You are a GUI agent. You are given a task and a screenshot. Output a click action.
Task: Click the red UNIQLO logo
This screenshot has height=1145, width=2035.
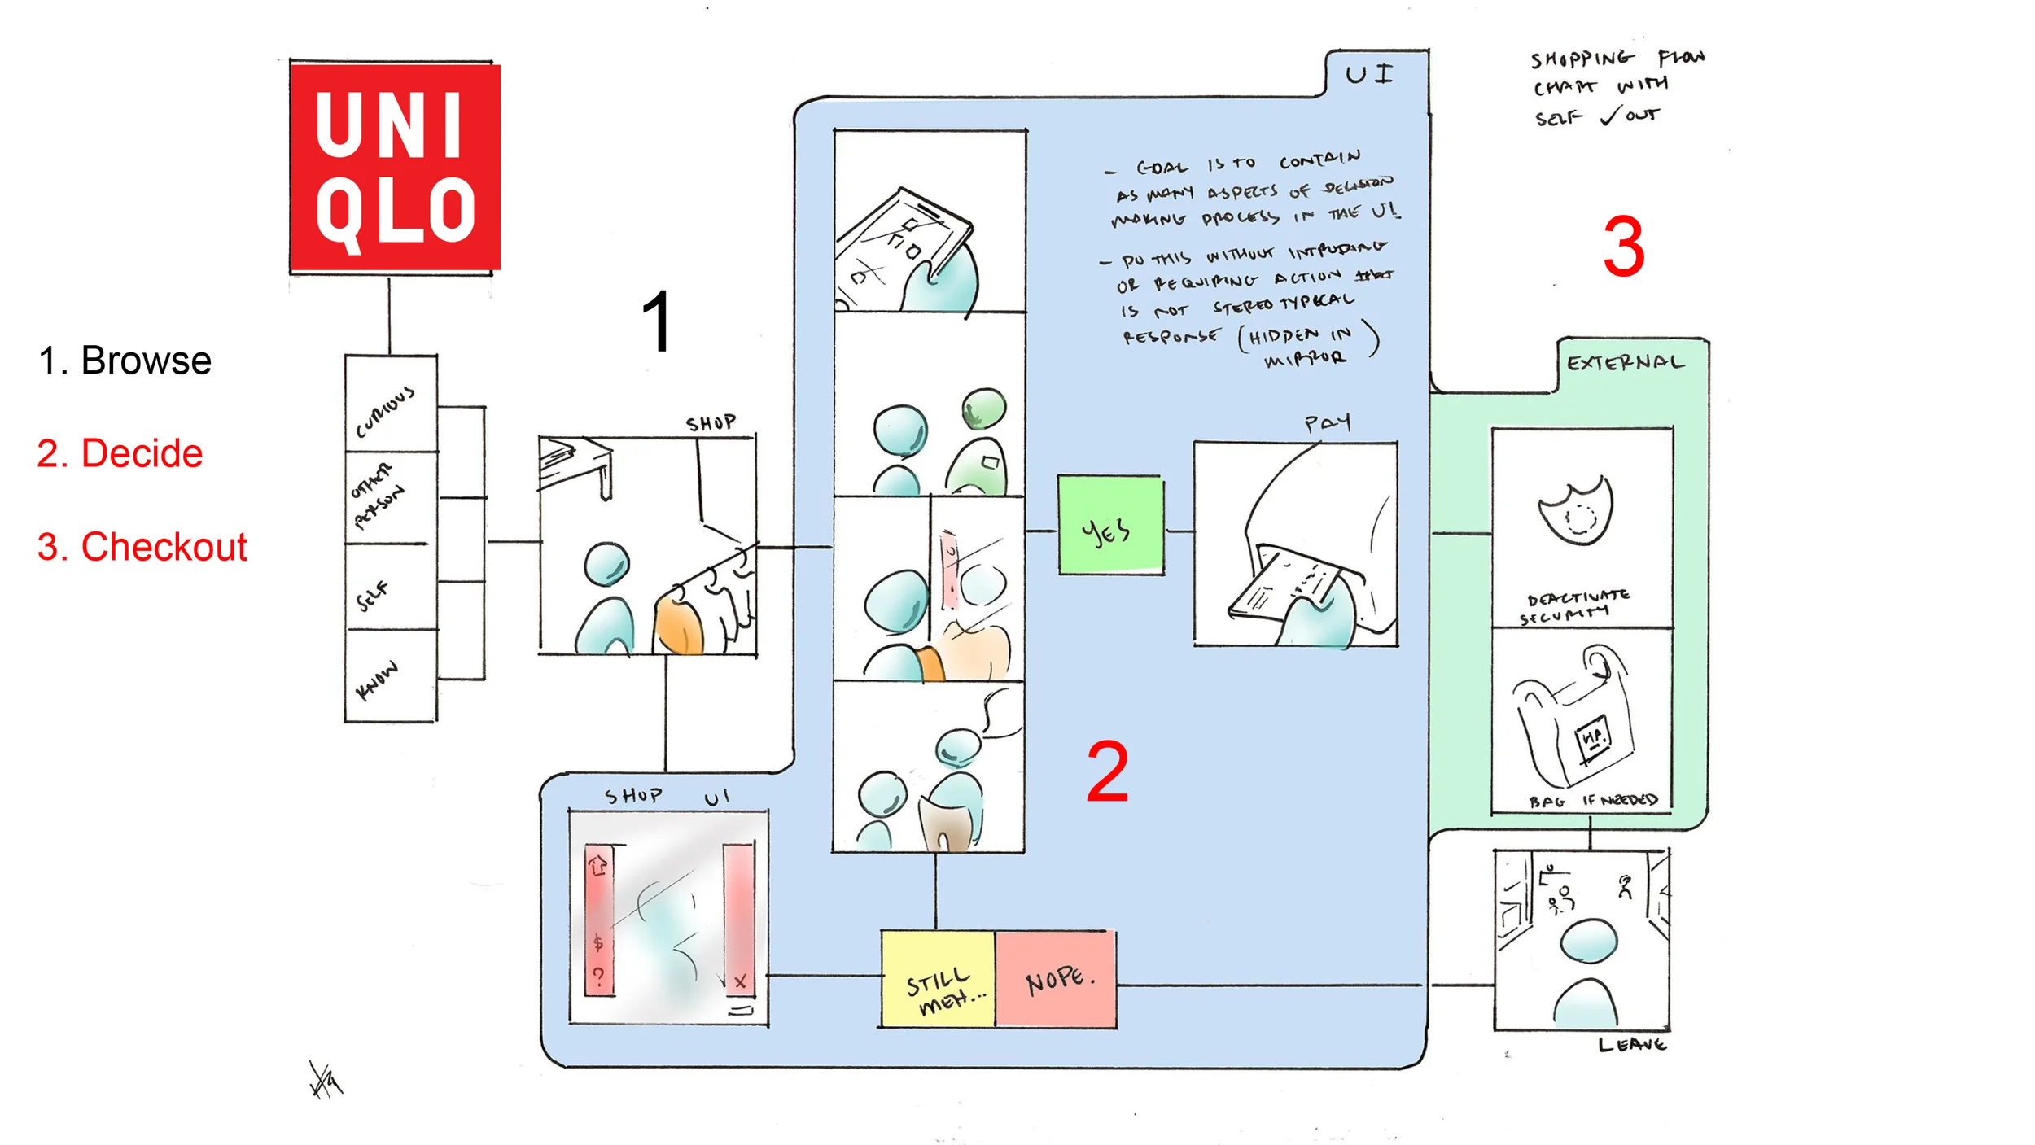(x=396, y=167)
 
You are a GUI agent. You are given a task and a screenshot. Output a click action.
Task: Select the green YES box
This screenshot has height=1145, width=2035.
(x=1110, y=526)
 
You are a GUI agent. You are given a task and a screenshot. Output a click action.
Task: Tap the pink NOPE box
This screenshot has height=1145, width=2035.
(x=1056, y=979)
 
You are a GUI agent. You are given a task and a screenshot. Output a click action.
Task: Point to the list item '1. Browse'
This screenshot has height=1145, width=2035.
(x=125, y=361)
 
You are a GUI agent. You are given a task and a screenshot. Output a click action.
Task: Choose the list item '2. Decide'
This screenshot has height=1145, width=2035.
(x=120, y=453)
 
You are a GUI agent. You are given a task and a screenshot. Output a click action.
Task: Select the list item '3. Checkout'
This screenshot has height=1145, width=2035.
(x=142, y=547)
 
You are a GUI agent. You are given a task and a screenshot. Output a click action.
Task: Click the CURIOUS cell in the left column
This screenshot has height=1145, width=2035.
(x=389, y=405)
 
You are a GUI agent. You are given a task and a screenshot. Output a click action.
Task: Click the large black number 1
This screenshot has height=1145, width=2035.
(x=656, y=323)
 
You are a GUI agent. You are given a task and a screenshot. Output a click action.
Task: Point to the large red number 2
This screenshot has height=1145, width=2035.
(x=1107, y=771)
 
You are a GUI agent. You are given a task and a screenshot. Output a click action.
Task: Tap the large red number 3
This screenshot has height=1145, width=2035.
(x=1623, y=247)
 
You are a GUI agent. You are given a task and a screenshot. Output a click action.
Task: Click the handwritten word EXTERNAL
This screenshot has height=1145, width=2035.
(x=1625, y=363)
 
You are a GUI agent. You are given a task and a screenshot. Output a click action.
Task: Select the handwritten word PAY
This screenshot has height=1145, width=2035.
(x=1327, y=422)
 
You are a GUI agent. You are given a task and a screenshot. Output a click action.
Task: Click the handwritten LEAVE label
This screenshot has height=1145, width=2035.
(x=1631, y=1045)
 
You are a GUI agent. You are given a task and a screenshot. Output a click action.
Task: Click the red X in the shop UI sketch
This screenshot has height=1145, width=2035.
(x=740, y=982)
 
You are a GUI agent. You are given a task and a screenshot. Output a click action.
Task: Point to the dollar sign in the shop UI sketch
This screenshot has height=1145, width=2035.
(x=598, y=943)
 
